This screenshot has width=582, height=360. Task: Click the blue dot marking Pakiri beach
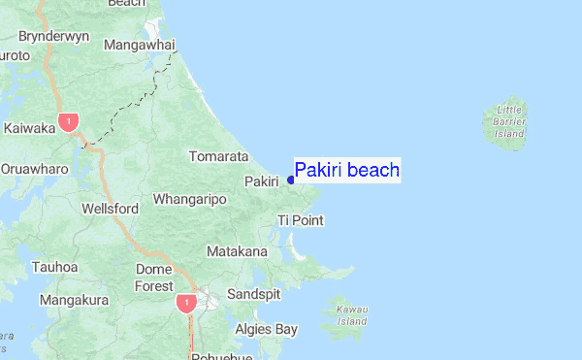pos(291,180)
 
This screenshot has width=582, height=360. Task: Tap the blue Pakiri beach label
pos(347,171)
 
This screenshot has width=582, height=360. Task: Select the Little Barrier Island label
pos(508,121)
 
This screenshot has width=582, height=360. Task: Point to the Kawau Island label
pos(352,314)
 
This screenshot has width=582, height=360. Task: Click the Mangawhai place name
pos(139,46)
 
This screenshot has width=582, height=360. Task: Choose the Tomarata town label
pos(218,155)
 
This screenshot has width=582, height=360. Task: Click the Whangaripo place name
pos(189,199)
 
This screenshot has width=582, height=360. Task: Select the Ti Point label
pos(300,220)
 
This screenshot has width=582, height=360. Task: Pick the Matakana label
pos(237,251)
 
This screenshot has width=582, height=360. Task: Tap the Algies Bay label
pos(267,330)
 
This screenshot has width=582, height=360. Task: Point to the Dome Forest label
pos(153,278)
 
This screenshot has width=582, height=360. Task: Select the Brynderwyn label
pos(53,36)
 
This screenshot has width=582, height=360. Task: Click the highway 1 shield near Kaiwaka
pos(68,122)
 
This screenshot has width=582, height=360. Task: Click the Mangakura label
pos(74,300)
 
